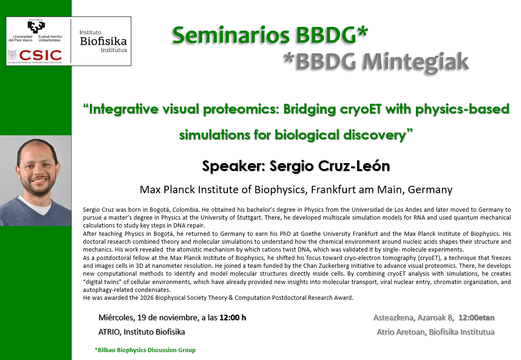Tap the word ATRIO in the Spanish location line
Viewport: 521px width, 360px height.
[x=110, y=332]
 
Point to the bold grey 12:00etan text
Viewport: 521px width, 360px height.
[x=476, y=317]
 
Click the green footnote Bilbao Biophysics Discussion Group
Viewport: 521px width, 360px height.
[x=146, y=350]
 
